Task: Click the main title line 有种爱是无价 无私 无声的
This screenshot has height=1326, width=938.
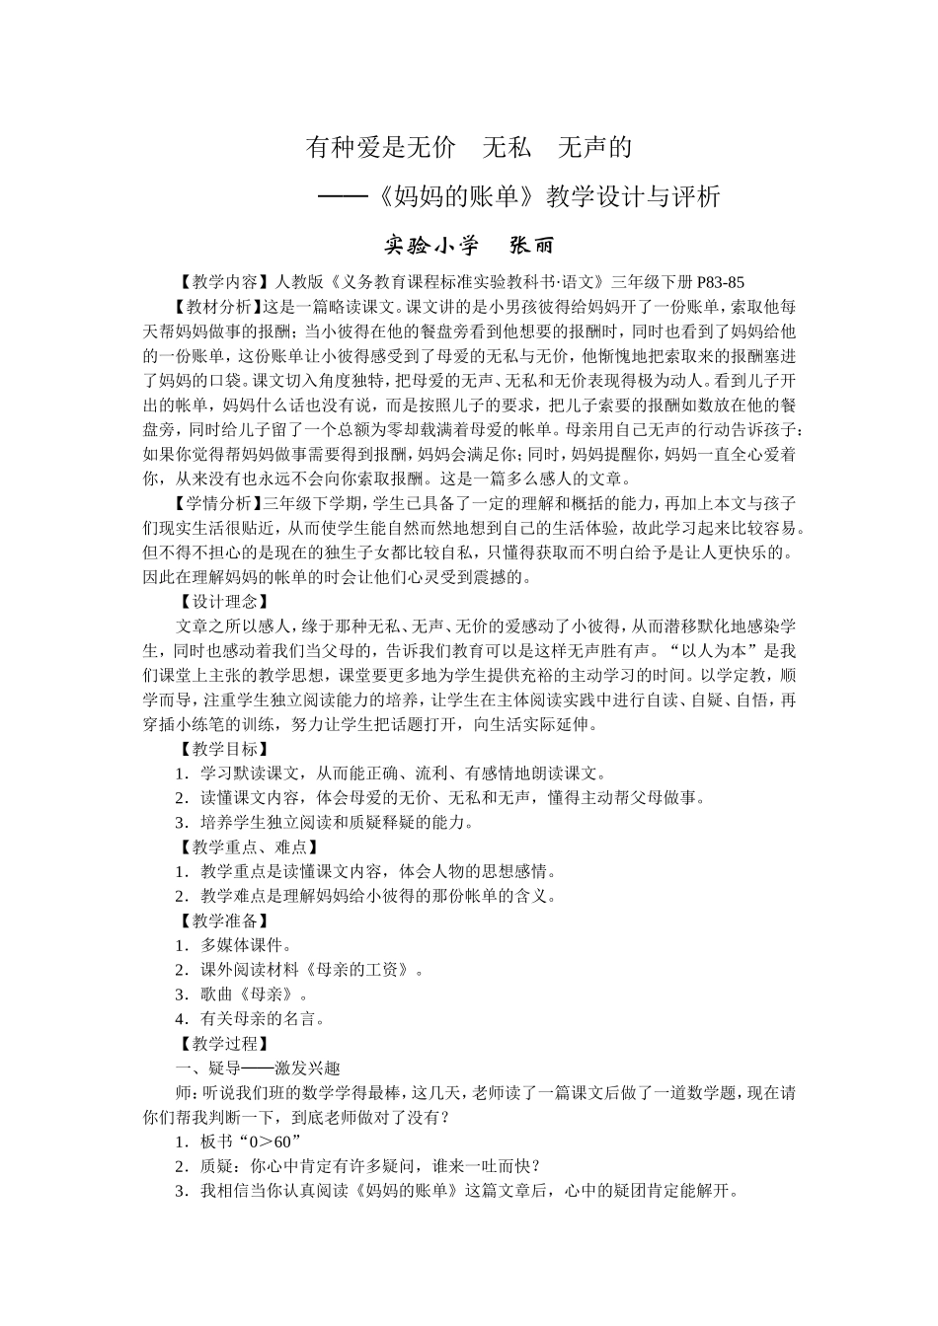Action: pos(469,149)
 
